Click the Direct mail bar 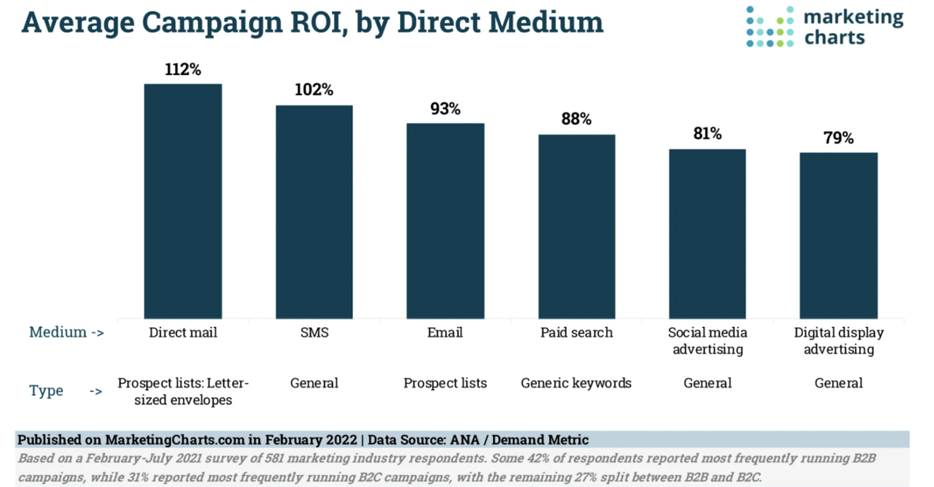pyautogui.click(x=182, y=200)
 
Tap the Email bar pyautogui.click(x=445, y=221)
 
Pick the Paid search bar pyautogui.click(x=577, y=226)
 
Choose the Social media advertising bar pyautogui.click(x=708, y=233)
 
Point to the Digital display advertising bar pyautogui.click(x=839, y=235)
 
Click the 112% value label pyautogui.click(x=183, y=69)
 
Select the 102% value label pyautogui.click(x=314, y=90)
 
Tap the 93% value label pyautogui.click(x=445, y=109)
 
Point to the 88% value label pyautogui.click(x=577, y=120)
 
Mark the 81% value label pyautogui.click(x=708, y=134)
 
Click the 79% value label pyautogui.click(x=839, y=138)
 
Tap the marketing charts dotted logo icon pyautogui.click(x=769, y=27)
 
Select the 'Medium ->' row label pyautogui.click(x=66, y=332)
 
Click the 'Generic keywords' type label pyautogui.click(x=577, y=383)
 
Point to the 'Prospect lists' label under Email pyautogui.click(x=445, y=383)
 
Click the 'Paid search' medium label pyautogui.click(x=577, y=333)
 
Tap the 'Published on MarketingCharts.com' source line pyautogui.click(x=303, y=440)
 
